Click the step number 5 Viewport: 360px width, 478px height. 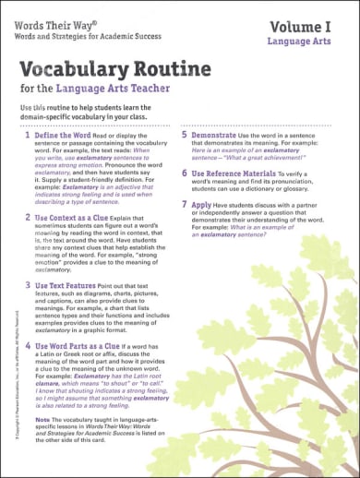click(185, 135)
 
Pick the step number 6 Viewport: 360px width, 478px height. click(185, 173)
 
